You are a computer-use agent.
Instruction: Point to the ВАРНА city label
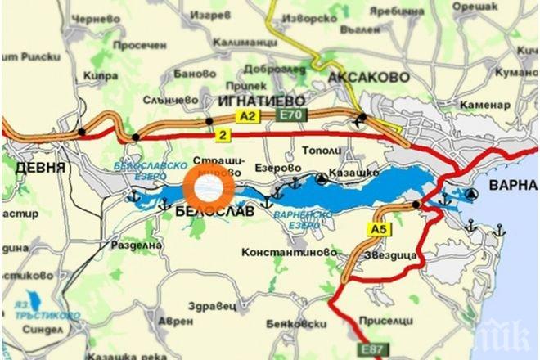(513, 185)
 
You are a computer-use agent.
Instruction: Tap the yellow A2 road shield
(247, 117)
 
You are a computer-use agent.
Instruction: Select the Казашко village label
(353, 173)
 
